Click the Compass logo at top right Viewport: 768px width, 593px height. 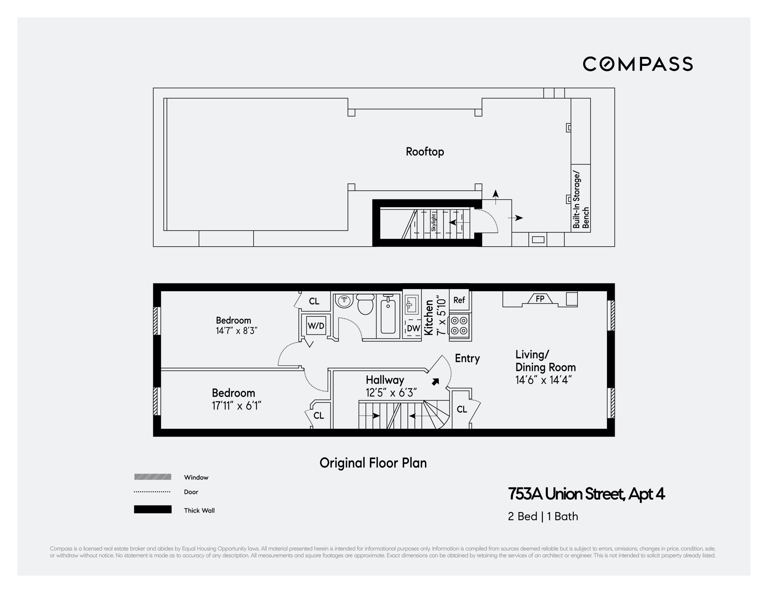tap(637, 64)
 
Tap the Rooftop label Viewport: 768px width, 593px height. tap(425, 152)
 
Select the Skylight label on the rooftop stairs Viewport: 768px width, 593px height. tap(434, 222)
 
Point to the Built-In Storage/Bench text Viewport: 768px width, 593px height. tap(581, 200)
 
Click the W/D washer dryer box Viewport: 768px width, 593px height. tap(316, 326)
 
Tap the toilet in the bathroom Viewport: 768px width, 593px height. tap(365, 304)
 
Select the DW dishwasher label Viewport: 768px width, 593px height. tap(413, 328)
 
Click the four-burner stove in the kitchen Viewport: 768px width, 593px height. tap(459, 326)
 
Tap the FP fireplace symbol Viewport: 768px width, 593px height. tap(540, 299)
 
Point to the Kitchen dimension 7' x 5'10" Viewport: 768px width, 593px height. tap(441, 317)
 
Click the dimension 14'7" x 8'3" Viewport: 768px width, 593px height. tap(237, 331)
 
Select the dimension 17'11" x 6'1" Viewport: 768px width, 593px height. tap(236, 406)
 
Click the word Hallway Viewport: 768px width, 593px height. tap(385, 380)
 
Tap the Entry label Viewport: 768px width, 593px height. tap(467, 358)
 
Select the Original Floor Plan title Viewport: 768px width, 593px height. tap(373, 463)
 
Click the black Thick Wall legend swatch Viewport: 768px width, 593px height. tap(153, 509)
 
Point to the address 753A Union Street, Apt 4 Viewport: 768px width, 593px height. tap(586, 494)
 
